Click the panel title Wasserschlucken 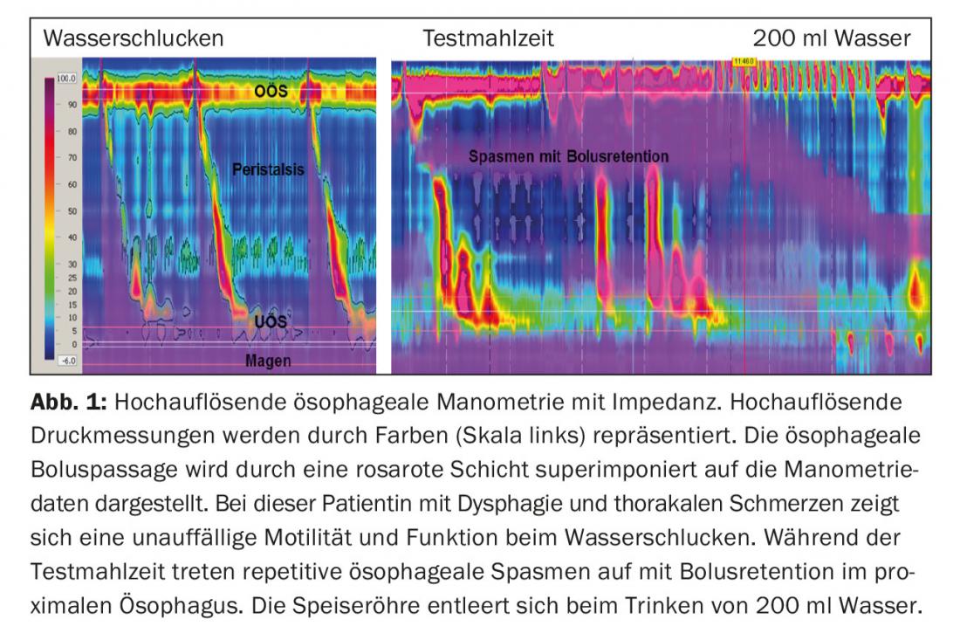[x=133, y=38]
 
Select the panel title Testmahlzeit [x=488, y=38]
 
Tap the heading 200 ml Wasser [x=831, y=38]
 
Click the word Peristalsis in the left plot [x=268, y=169]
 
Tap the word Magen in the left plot [x=268, y=360]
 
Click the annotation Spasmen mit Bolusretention [x=568, y=157]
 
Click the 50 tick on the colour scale [x=72, y=211]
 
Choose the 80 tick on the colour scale [x=72, y=132]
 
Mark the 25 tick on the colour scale [x=72, y=278]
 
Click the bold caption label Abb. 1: [x=69, y=403]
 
